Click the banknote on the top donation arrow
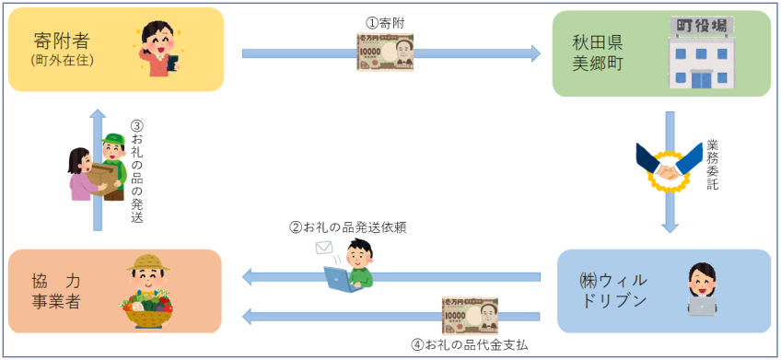[385, 52]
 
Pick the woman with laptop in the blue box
[702, 289]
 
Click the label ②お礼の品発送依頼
[348, 226]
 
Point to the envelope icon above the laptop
[324, 247]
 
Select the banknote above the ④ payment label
[470, 315]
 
